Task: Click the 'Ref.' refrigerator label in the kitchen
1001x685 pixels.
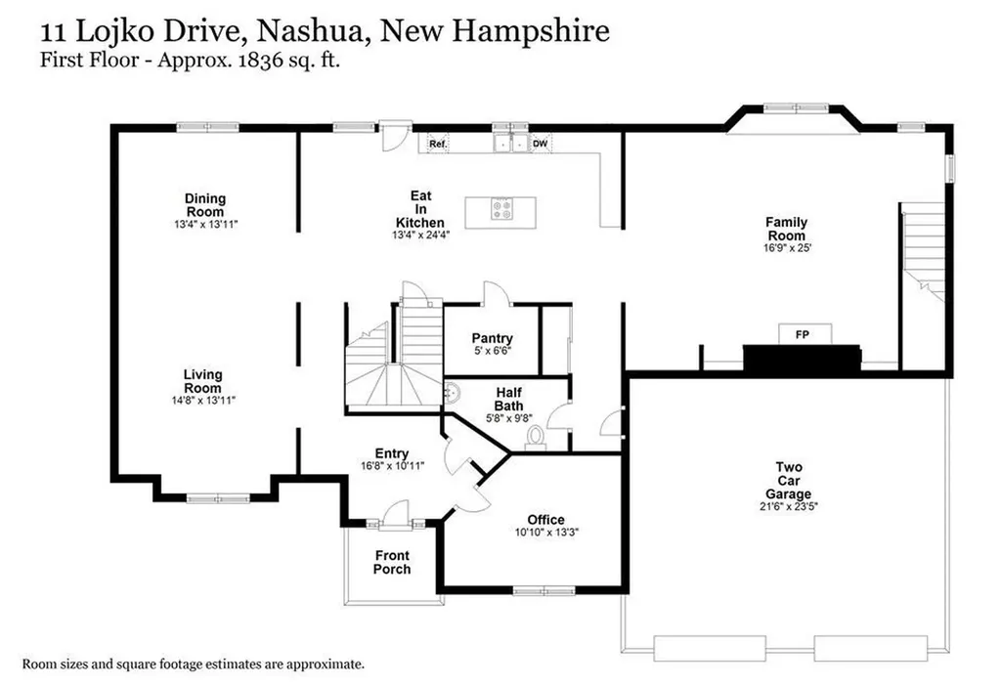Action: click(438, 145)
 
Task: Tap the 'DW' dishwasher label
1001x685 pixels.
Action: click(540, 145)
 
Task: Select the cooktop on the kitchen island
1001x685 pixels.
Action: click(502, 209)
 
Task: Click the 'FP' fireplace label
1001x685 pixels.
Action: click(803, 335)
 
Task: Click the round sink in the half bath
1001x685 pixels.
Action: click(453, 393)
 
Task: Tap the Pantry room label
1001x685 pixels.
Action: click(492, 339)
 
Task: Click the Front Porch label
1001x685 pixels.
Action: click(392, 562)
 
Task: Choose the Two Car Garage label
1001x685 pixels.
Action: click(789, 481)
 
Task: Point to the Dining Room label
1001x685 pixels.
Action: click(204, 205)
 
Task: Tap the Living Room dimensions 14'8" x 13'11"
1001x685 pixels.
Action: click(202, 400)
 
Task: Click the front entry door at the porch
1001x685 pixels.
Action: click(394, 514)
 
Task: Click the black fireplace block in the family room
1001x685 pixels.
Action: click(802, 360)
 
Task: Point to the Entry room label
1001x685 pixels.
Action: click(392, 453)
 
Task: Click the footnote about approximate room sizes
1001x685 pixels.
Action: click(193, 664)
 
